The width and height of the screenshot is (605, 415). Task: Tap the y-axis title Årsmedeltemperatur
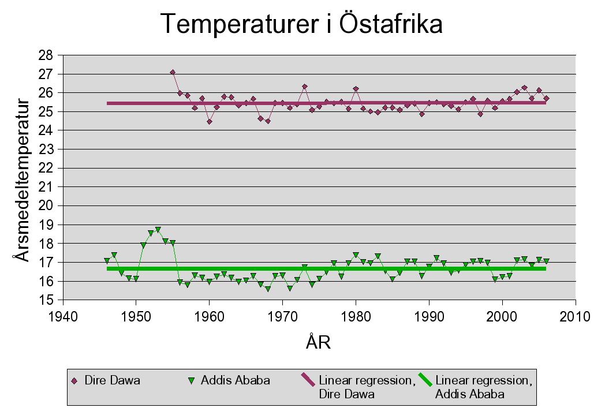pyautogui.click(x=22, y=180)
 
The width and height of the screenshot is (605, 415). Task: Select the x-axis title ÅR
pyautogui.click(x=318, y=343)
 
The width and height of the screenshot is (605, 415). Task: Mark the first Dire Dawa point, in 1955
pyautogui.click(x=173, y=72)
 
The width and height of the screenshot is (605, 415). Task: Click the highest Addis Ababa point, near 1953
pyautogui.click(x=158, y=230)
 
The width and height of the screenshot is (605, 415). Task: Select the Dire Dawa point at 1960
pyautogui.click(x=209, y=122)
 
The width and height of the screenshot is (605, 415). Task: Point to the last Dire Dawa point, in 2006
pyautogui.click(x=546, y=98)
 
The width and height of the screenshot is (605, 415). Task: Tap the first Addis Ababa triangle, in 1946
pyautogui.click(x=107, y=260)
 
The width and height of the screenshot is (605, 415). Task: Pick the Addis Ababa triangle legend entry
pyautogui.click(x=230, y=381)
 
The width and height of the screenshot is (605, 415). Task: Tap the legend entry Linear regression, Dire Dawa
pyautogui.click(x=358, y=387)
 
